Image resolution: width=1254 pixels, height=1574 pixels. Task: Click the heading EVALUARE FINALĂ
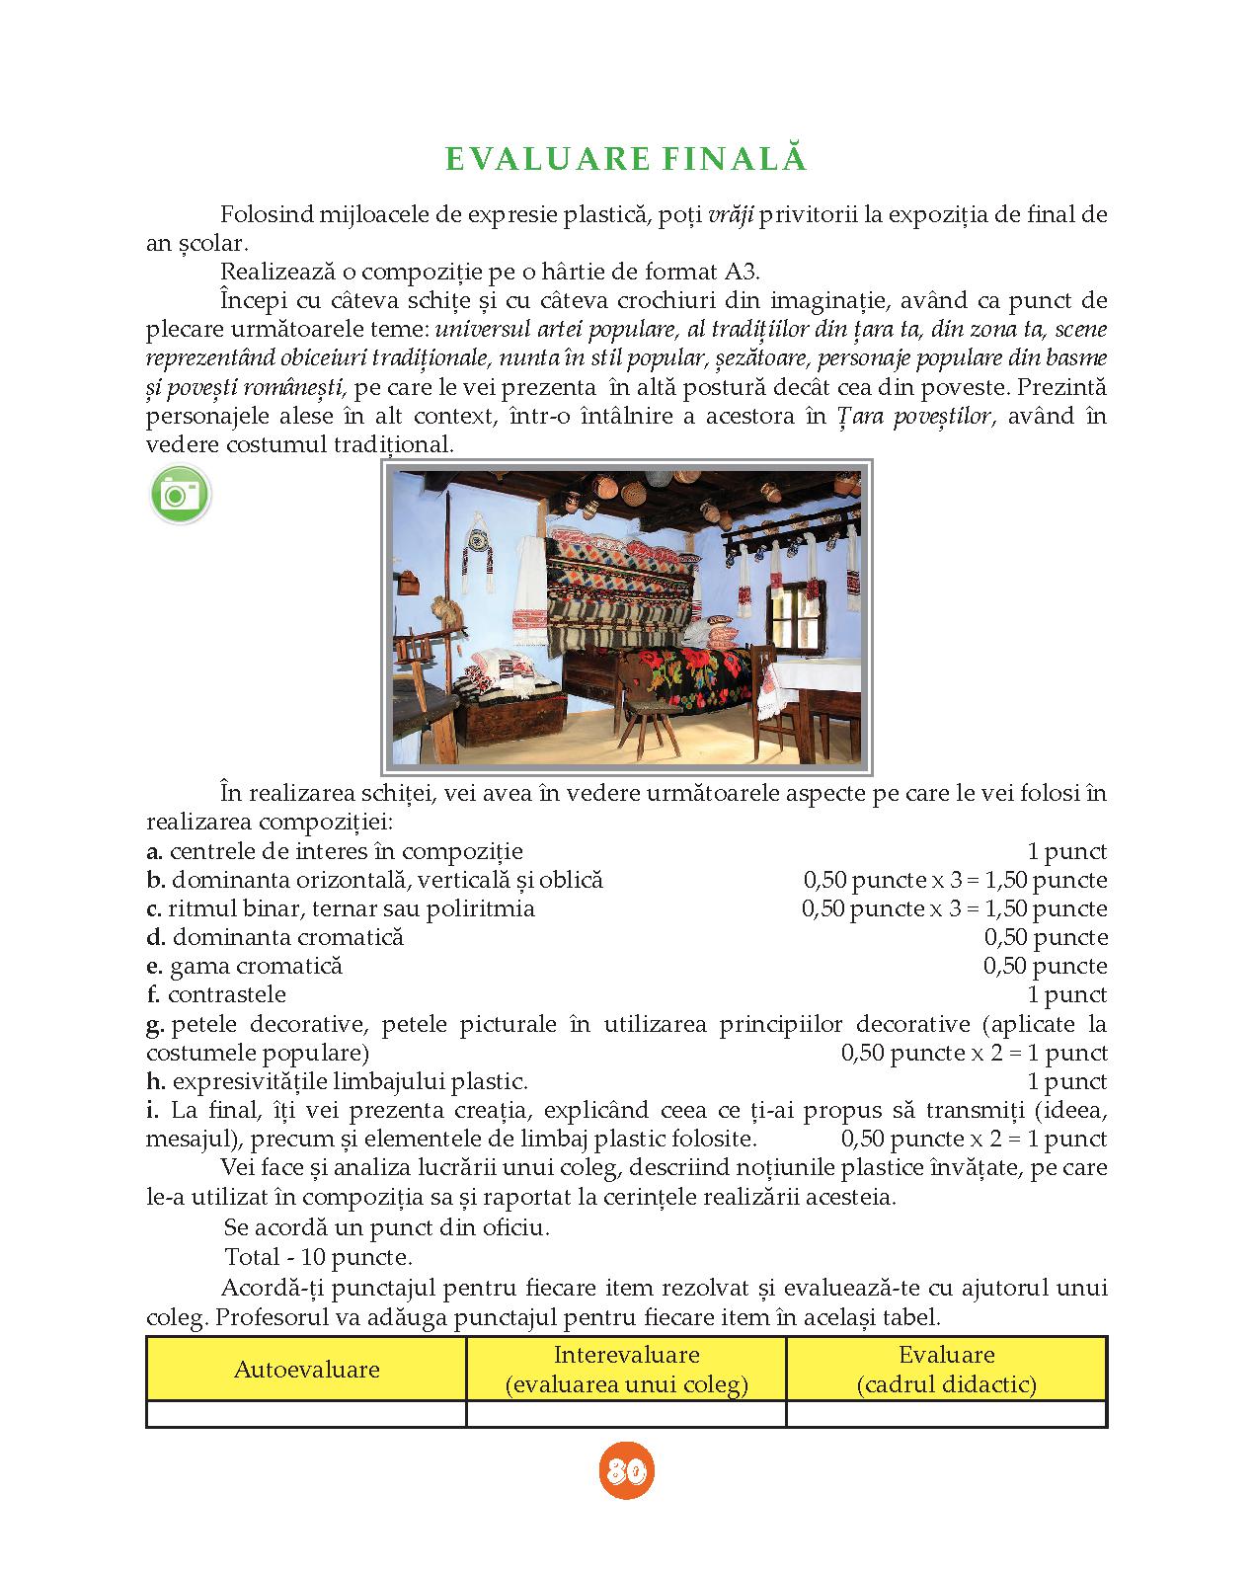(626, 160)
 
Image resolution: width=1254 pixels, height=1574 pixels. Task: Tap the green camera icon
(181, 494)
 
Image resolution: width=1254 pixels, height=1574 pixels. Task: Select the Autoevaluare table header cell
(306, 1370)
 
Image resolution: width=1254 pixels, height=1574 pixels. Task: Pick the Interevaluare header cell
(626, 1370)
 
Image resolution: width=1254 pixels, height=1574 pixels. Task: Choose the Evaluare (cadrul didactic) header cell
(946, 1370)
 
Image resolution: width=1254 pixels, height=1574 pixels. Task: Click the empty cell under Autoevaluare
(306, 1414)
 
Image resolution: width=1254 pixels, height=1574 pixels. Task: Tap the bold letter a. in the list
(154, 852)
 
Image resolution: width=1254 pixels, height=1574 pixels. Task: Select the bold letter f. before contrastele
(154, 995)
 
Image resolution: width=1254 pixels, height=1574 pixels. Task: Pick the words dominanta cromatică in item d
(287, 938)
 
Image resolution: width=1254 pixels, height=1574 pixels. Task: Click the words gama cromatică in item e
(256, 967)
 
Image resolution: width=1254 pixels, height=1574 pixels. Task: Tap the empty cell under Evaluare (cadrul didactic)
(946, 1414)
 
